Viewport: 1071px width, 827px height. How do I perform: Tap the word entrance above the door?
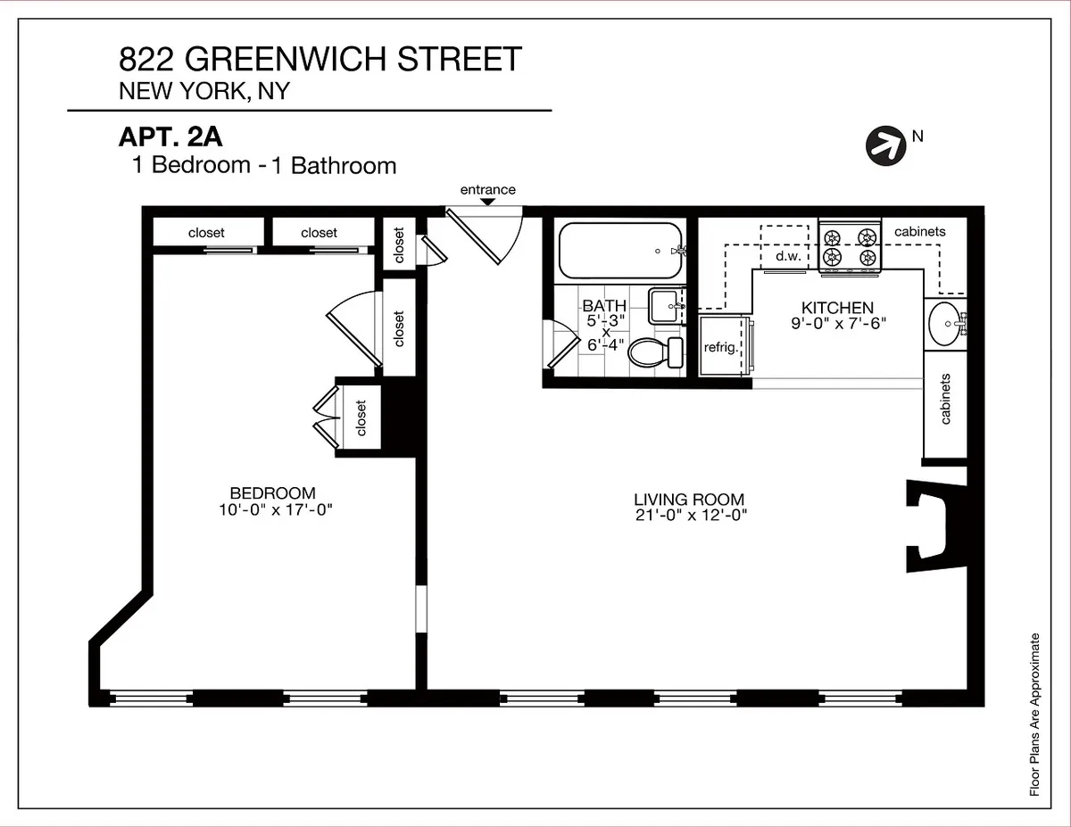pos(487,189)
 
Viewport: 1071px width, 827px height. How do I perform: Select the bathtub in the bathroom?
pos(618,252)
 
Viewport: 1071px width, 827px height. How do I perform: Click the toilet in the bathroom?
pos(653,352)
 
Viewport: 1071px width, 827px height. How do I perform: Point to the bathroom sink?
pos(664,306)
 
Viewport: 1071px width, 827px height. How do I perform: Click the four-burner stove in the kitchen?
pos(850,247)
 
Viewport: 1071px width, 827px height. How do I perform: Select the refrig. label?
pos(721,347)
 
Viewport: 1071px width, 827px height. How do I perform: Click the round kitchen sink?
pos(944,322)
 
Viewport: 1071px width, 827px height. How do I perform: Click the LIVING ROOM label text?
pos(688,500)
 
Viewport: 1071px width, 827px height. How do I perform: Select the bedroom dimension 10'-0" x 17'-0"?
pos(272,509)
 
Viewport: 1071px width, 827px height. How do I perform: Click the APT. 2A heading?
pos(170,138)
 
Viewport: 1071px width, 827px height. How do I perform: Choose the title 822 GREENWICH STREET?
pos(320,60)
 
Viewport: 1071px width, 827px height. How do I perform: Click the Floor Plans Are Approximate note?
pos(1034,714)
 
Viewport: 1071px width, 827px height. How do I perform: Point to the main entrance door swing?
pos(486,236)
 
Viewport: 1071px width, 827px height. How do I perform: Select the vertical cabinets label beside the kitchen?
pos(945,399)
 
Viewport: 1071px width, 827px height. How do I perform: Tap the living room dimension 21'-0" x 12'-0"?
pos(688,515)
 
